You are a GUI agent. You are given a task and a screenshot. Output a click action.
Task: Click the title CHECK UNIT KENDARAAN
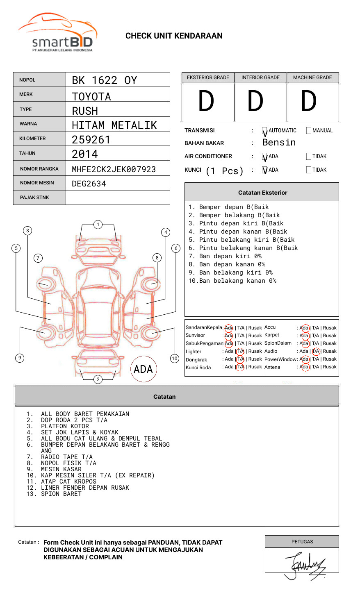(x=174, y=36)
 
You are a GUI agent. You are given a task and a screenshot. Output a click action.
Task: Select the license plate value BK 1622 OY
(x=105, y=80)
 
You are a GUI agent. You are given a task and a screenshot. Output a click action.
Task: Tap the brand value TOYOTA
(x=91, y=97)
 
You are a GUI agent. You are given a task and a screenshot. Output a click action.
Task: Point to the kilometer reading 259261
(x=91, y=140)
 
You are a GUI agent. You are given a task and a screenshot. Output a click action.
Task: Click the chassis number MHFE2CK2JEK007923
(x=114, y=169)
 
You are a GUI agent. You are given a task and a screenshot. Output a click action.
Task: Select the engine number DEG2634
(x=89, y=184)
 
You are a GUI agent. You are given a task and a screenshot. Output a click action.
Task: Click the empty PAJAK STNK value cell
(x=118, y=198)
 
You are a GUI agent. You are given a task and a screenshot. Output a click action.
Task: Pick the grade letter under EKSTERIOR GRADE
(x=206, y=101)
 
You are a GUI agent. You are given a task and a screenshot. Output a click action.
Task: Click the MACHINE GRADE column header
(x=312, y=77)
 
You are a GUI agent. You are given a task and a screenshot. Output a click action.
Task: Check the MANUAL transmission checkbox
(x=309, y=131)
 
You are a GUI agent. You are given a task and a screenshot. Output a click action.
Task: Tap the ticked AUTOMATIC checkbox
(x=265, y=131)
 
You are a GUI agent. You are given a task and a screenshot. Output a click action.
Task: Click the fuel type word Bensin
(x=279, y=143)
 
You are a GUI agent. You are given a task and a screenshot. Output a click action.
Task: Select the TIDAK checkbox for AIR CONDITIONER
(x=309, y=157)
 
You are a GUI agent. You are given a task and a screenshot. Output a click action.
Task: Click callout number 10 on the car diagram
(x=175, y=359)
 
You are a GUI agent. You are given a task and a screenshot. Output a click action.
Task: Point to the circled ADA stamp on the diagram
(x=143, y=369)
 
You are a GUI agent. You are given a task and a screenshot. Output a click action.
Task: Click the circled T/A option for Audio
(x=316, y=351)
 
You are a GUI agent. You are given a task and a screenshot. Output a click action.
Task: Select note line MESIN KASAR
(x=61, y=469)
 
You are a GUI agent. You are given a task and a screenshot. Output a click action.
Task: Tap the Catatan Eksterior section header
(x=262, y=193)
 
